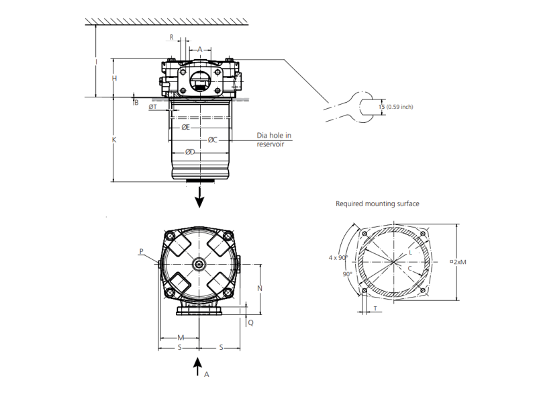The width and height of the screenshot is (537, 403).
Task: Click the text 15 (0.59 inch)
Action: pos(395,106)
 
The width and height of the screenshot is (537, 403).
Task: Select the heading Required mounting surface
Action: pos(377,203)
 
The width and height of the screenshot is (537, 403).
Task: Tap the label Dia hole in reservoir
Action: pos(275,140)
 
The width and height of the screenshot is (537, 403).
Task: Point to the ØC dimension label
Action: pos(212,140)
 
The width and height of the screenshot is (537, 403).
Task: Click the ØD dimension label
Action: pos(190,152)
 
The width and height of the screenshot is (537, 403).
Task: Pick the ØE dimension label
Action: pos(186,127)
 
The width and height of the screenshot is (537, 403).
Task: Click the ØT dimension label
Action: pos(153,107)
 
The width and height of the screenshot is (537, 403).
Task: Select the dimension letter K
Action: pos(114,140)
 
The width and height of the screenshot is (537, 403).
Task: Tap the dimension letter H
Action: pos(115,79)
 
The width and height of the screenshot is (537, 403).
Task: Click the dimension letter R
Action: pos(171,38)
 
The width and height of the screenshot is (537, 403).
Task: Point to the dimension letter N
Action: pos(260,288)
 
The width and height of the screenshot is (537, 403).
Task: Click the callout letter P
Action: pos(142,252)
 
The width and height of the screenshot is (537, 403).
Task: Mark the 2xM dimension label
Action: pos(460,262)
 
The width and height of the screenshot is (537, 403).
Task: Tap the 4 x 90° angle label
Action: pos(338,257)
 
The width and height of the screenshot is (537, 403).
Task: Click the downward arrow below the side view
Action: pos(199,196)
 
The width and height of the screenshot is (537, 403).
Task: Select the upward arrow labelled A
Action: pos(198,367)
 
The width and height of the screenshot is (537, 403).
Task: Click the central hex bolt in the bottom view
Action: pos(199,265)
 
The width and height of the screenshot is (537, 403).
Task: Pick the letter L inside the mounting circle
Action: pos(410,253)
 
